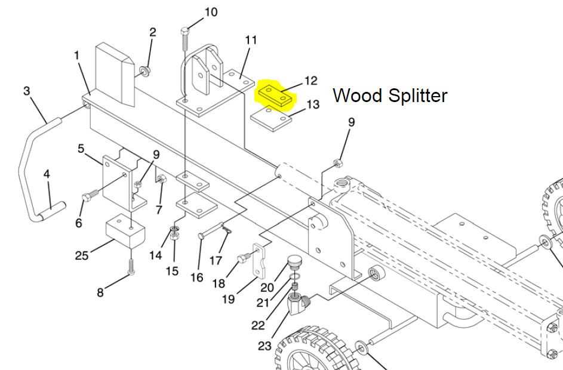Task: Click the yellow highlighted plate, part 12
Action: click(x=275, y=94)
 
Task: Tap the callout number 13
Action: click(x=313, y=104)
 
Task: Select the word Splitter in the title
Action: click(x=417, y=96)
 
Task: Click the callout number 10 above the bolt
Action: click(x=211, y=12)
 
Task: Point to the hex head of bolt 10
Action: click(x=185, y=31)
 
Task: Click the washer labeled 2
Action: click(x=146, y=70)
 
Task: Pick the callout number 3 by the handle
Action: click(x=27, y=91)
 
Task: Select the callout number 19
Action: click(x=228, y=298)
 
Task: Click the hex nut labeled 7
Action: click(x=162, y=178)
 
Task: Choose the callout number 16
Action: click(x=197, y=277)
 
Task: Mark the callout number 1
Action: click(x=76, y=55)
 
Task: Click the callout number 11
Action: click(x=251, y=40)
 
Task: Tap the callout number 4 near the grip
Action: click(x=47, y=174)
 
